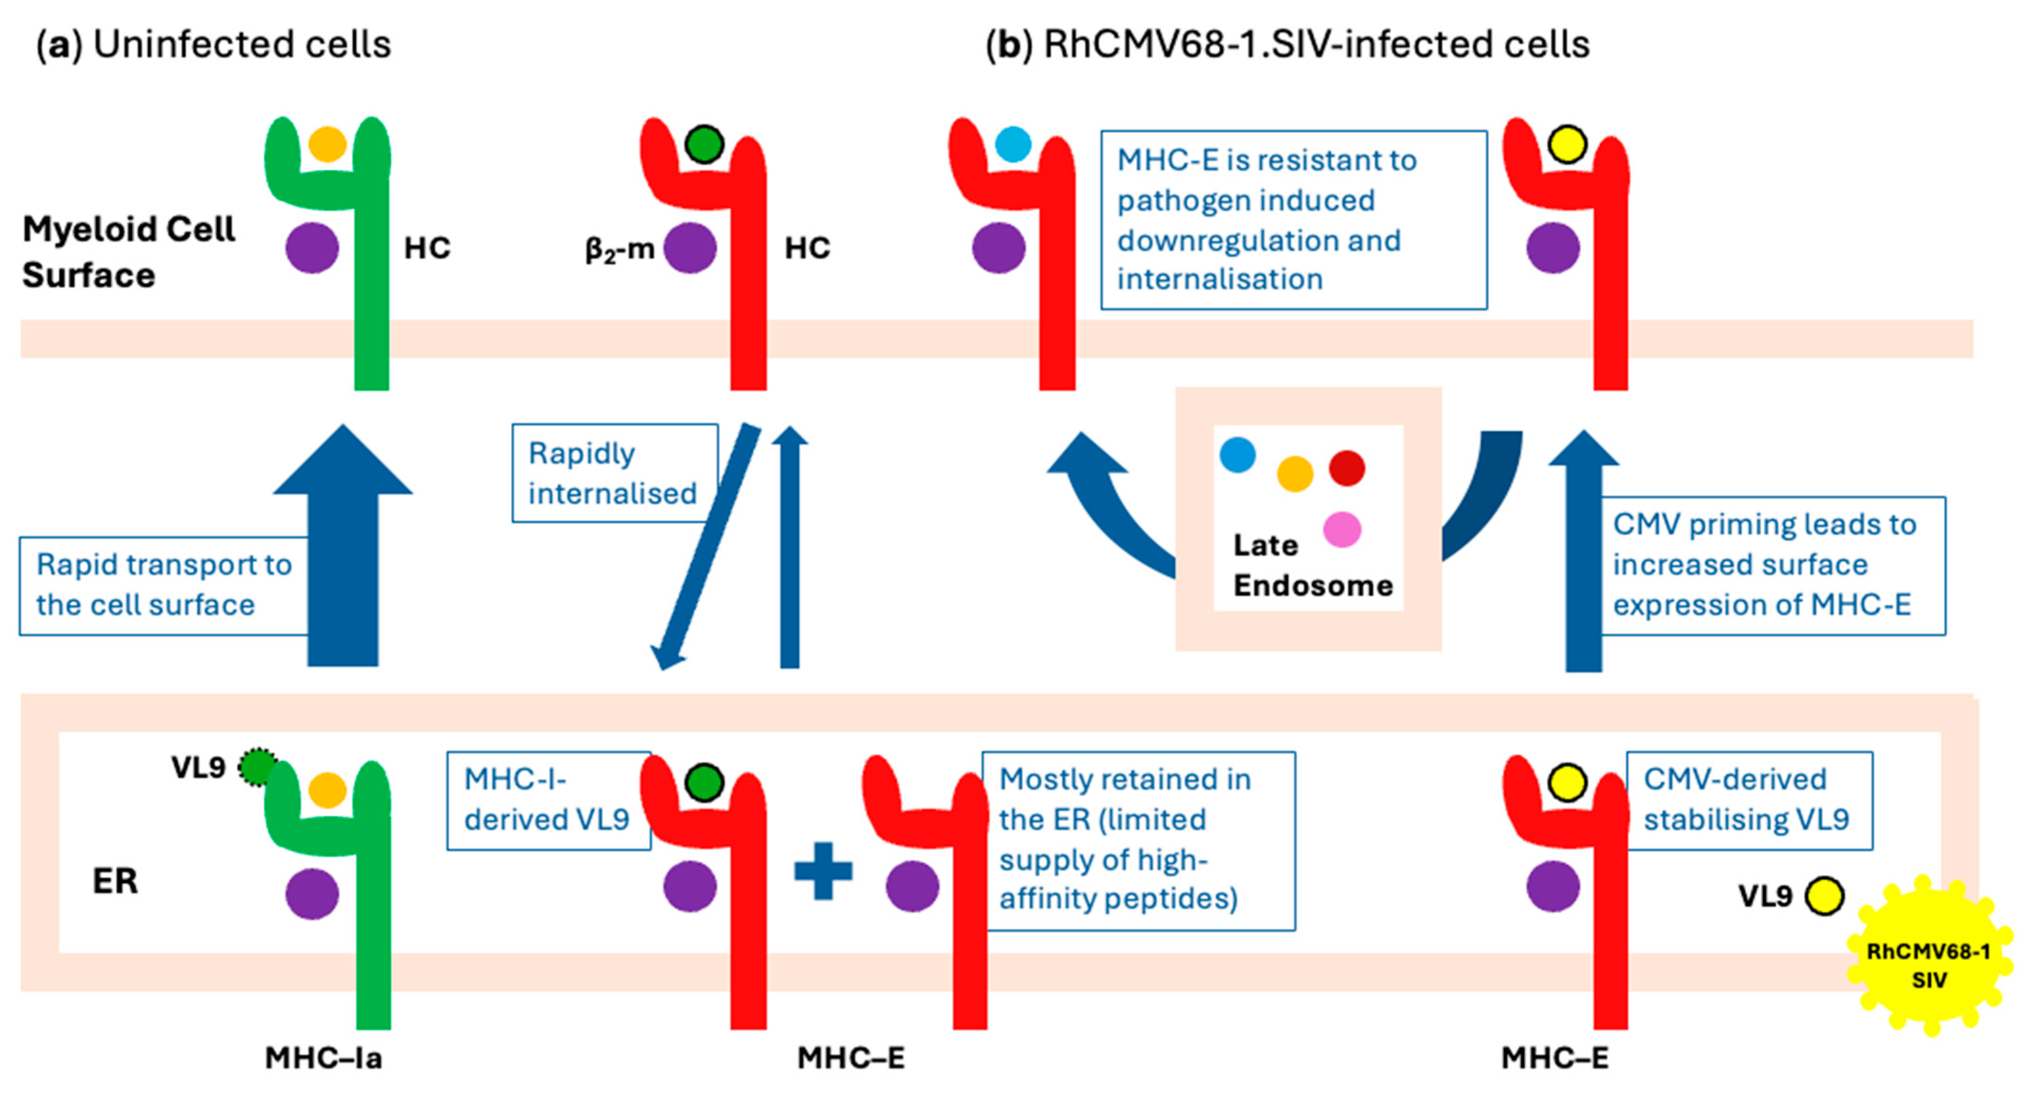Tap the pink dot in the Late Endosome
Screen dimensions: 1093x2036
(1341, 530)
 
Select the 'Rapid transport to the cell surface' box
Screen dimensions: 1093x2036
(164, 585)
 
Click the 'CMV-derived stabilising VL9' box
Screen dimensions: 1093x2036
(1747, 800)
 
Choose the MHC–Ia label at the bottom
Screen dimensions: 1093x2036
(323, 1057)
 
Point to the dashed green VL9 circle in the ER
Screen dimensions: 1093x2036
(256, 767)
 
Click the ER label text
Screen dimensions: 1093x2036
(115, 881)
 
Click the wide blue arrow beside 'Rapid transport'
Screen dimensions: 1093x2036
(343, 545)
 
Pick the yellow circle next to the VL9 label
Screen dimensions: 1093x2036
(1824, 896)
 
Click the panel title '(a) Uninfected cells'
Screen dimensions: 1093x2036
(213, 44)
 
